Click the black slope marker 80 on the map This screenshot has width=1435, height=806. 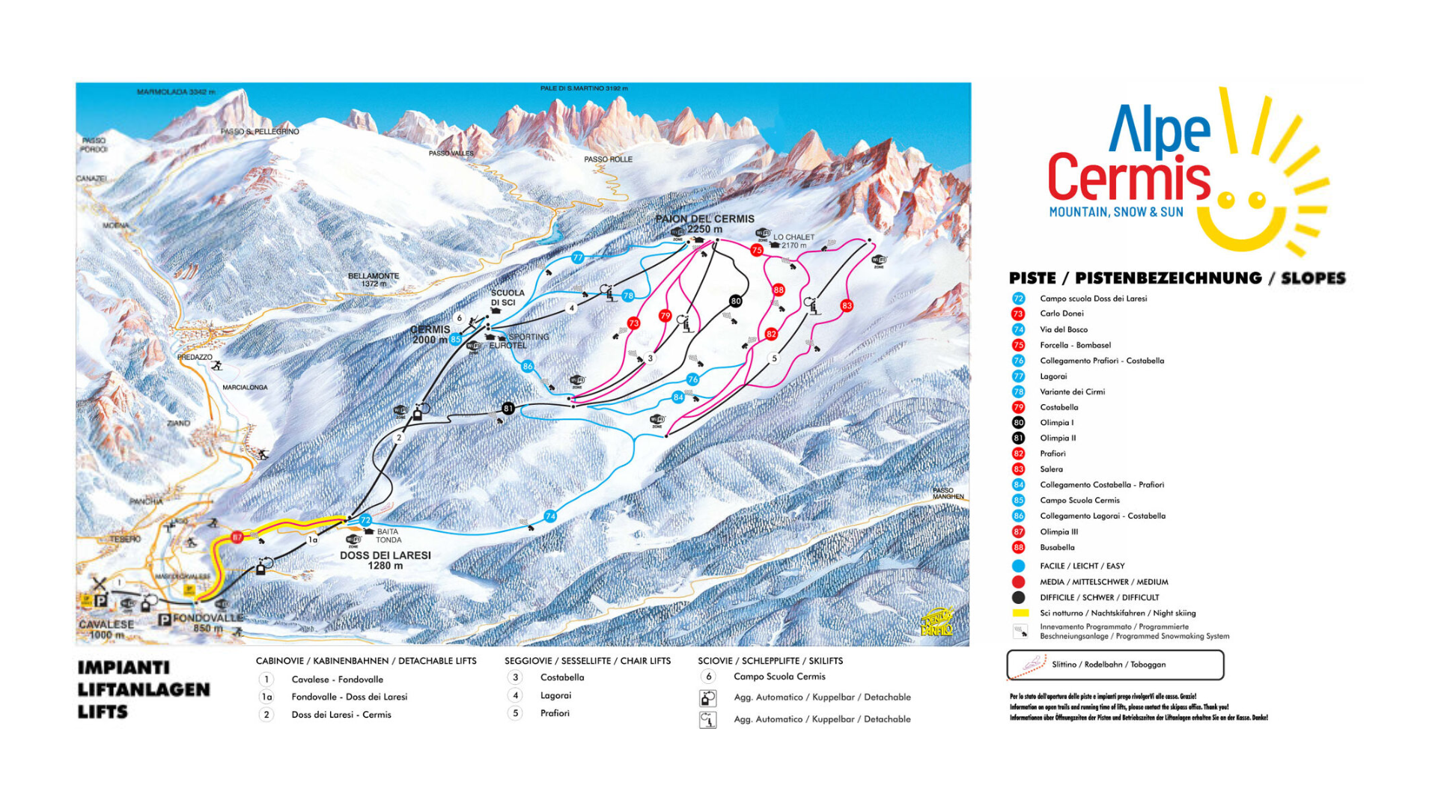coord(735,301)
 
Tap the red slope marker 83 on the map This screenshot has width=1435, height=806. coord(847,305)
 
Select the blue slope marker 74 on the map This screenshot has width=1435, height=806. coord(550,516)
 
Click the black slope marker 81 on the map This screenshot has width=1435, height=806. coord(508,409)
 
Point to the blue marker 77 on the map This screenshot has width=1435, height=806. coord(577,257)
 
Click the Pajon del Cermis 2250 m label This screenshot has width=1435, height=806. coord(704,224)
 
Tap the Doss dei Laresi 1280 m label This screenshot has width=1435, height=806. coord(385,560)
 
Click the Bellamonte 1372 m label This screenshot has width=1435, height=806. coord(374,279)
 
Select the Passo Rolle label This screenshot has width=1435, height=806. coord(608,159)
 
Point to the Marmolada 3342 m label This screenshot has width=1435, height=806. coord(176,92)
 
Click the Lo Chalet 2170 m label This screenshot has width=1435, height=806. coord(793,241)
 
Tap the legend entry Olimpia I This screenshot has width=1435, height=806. coord(1056,423)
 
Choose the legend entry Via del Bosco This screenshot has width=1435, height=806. coord(1063,329)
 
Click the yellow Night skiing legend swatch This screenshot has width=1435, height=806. coord(1020,613)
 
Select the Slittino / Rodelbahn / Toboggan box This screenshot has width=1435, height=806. coord(1115,665)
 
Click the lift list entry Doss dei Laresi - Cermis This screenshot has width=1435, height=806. coord(341,715)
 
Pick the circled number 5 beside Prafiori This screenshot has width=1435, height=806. coord(515,713)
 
